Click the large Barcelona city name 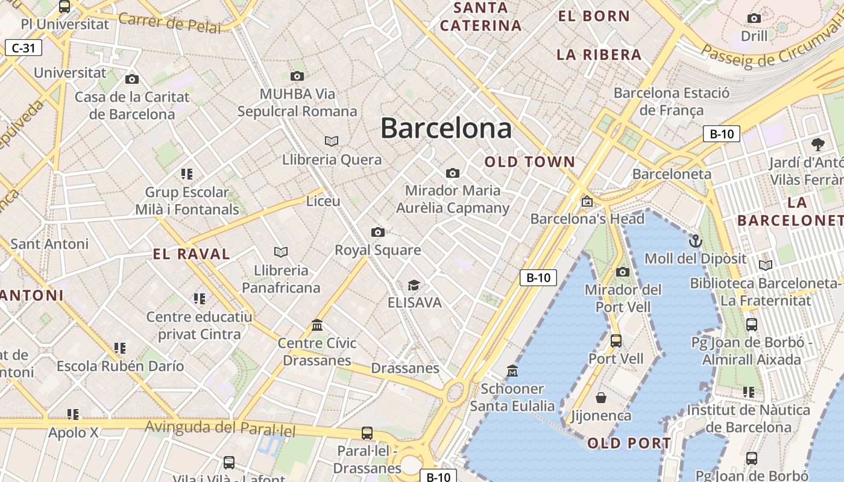pyautogui.click(x=446, y=128)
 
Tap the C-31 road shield pyautogui.click(x=24, y=48)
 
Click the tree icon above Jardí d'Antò pyautogui.click(x=818, y=144)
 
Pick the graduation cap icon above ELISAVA pyautogui.click(x=414, y=285)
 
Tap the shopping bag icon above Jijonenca pyautogui.click(x=601, y=398)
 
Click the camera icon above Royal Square pyautogui.click(x=378, y=233)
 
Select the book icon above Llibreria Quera pyautogui.click(x=332, y=141)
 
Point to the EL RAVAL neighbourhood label pyautogui.click(x=192, y=254)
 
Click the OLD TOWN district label pyautogui.click(x=530, y=161)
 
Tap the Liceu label pyautogui.click(x=323, y=201)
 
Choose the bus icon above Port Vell pyautogui.click(x=616, y=341)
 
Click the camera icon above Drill pyautogui.click(x=754, y=19)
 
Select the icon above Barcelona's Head pyautogui.click(x=587, y=201)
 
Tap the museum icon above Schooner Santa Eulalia pyautogui.click(x=512, y=371)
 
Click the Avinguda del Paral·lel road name pyautogui.click(x=220, y=428)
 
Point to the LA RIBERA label pyautogui.click(x=599, y=55)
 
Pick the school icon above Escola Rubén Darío pyautogui.click(x=120, y=348)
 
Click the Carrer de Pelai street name pyautogui.click(x=170, y=22)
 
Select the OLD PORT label pyautogui.click(x=629, y=443)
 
